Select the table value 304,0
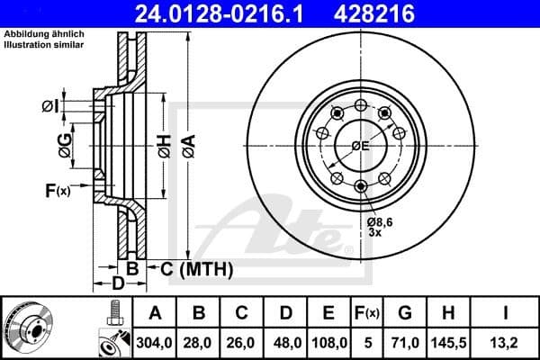[x=155, y=342]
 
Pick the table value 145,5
[x=449, y=342]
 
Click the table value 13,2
[x=508, y=342]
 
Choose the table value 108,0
[x=328, y=342]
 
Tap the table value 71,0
[x=405, y=342]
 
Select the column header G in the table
[x=405, y=313]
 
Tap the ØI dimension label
[x=50, y=108]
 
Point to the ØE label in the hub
[x=360, y=145]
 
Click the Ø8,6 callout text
[x=380, y=221]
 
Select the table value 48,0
[x=285, y=342]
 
